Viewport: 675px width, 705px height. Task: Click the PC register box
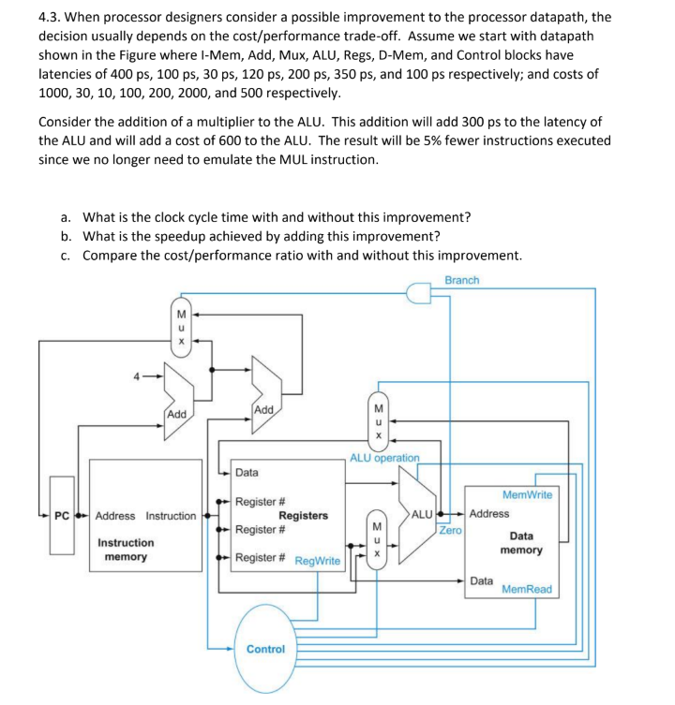click(x=61, y=516)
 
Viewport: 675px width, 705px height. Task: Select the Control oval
click(x=265, y=648)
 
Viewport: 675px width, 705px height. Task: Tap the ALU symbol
click(x=417, y=516)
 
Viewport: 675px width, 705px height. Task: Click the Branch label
click(x=461, y=280)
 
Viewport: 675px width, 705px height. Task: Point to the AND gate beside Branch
click(x=418, y=296)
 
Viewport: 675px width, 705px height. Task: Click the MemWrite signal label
click(x=527, y=494)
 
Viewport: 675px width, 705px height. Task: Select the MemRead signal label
click(x=527, y=590)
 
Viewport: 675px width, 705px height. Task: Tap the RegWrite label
click(x=318, y=561)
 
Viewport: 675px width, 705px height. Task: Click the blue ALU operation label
click(x=384, y=458)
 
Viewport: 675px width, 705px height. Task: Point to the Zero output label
click(x=451, y=530)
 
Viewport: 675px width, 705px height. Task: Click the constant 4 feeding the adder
click(x=137, y=377)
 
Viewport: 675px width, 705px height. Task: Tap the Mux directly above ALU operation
click(x=378, y=421)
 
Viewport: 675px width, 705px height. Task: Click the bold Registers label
click(x=303, y=516)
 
